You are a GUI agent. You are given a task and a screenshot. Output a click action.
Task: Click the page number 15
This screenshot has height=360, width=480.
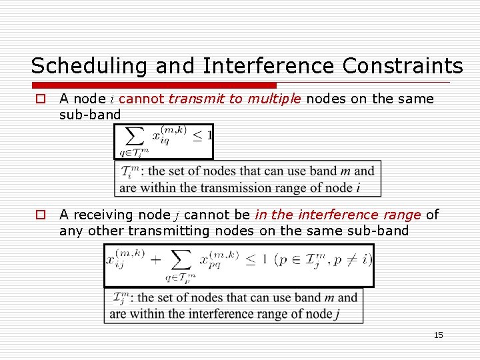click(x=438, y=335)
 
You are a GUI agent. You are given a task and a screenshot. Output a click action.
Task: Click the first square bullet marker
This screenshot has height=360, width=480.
click(x=41, y=99)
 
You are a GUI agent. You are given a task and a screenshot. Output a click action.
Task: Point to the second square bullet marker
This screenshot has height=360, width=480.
click(x=41, y=215)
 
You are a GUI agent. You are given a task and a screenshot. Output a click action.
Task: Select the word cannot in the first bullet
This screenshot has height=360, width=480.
click(x=141, y=99)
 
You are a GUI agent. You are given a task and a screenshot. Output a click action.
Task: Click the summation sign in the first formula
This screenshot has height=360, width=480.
click(x=135, y=137)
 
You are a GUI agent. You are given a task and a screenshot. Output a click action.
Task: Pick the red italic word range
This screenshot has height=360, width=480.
click(x=398, y=215)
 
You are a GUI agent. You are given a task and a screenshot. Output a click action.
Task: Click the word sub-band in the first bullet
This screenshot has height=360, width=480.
click(x=90, y=115)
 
